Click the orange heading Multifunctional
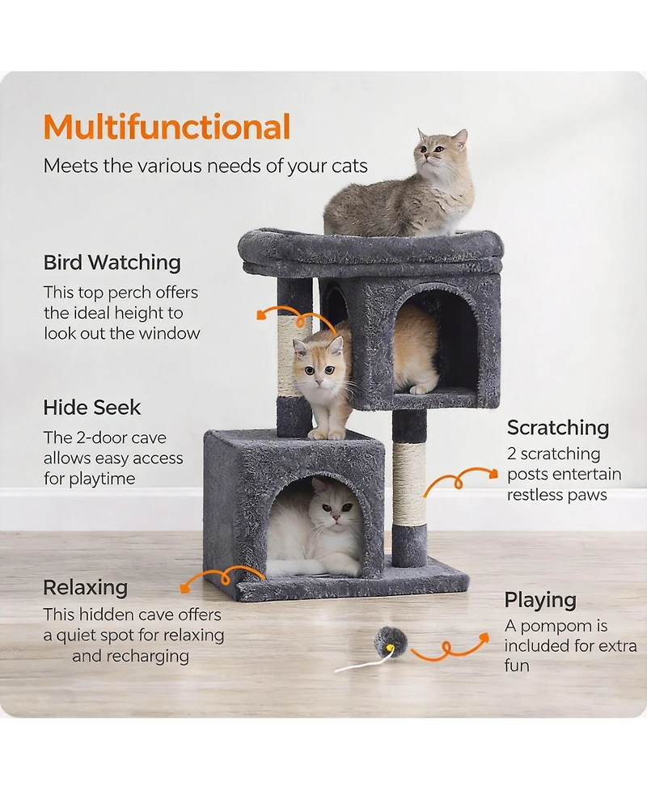167,128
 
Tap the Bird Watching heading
112,262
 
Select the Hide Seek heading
92,407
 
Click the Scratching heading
558,427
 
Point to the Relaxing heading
85,587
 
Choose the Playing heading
540,600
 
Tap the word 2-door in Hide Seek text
113,437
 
